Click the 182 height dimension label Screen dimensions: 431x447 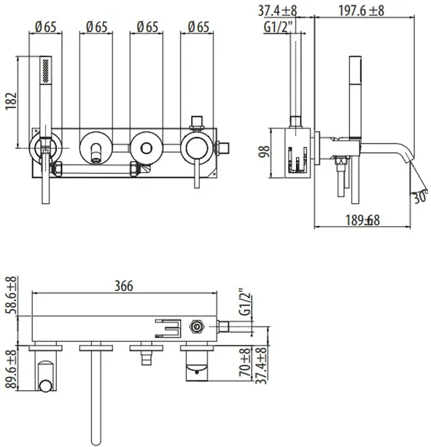[11, 101]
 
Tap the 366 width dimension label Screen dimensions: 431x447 [124, 286]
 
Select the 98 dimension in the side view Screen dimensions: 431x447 [264, 152]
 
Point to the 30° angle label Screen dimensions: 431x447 [421, 196]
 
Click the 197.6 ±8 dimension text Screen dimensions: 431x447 [361, 11]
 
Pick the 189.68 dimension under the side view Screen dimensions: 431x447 [362, 220]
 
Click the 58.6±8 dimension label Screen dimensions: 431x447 [12, 295]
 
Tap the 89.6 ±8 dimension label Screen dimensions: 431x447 [12, 369]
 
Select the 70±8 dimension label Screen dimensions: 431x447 [245, 362]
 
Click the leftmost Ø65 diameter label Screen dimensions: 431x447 [46, 27]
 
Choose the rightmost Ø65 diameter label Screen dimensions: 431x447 [198, 27]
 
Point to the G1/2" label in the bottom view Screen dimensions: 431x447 [246, 302]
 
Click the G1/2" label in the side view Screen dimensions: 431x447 [278, 28]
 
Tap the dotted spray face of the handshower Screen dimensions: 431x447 [46, 71]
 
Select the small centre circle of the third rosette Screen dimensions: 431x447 [147, 148]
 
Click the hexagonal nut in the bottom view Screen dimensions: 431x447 [196, 327]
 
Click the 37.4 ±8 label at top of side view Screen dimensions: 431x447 [277, 11]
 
